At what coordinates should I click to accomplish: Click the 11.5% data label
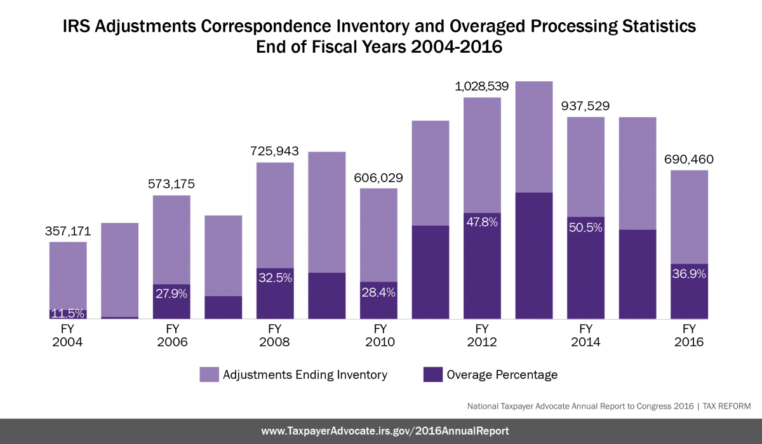67,313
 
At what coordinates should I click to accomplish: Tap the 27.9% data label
171,294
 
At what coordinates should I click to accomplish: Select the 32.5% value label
275,278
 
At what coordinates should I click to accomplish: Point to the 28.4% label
378,292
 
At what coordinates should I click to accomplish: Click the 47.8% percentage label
482,223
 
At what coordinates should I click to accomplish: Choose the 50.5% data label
585,227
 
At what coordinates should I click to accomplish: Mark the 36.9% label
689,274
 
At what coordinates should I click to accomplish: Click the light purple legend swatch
210,374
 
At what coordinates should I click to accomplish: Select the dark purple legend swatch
433,374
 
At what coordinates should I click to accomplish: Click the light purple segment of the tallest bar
534,136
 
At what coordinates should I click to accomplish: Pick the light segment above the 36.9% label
690,216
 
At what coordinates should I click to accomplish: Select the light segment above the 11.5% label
68,275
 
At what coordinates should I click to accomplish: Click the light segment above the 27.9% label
171,239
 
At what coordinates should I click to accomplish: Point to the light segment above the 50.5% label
585,166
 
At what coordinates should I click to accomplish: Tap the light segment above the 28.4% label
378,234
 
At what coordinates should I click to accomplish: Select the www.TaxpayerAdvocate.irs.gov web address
385,431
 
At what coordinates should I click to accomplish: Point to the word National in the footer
483,406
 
